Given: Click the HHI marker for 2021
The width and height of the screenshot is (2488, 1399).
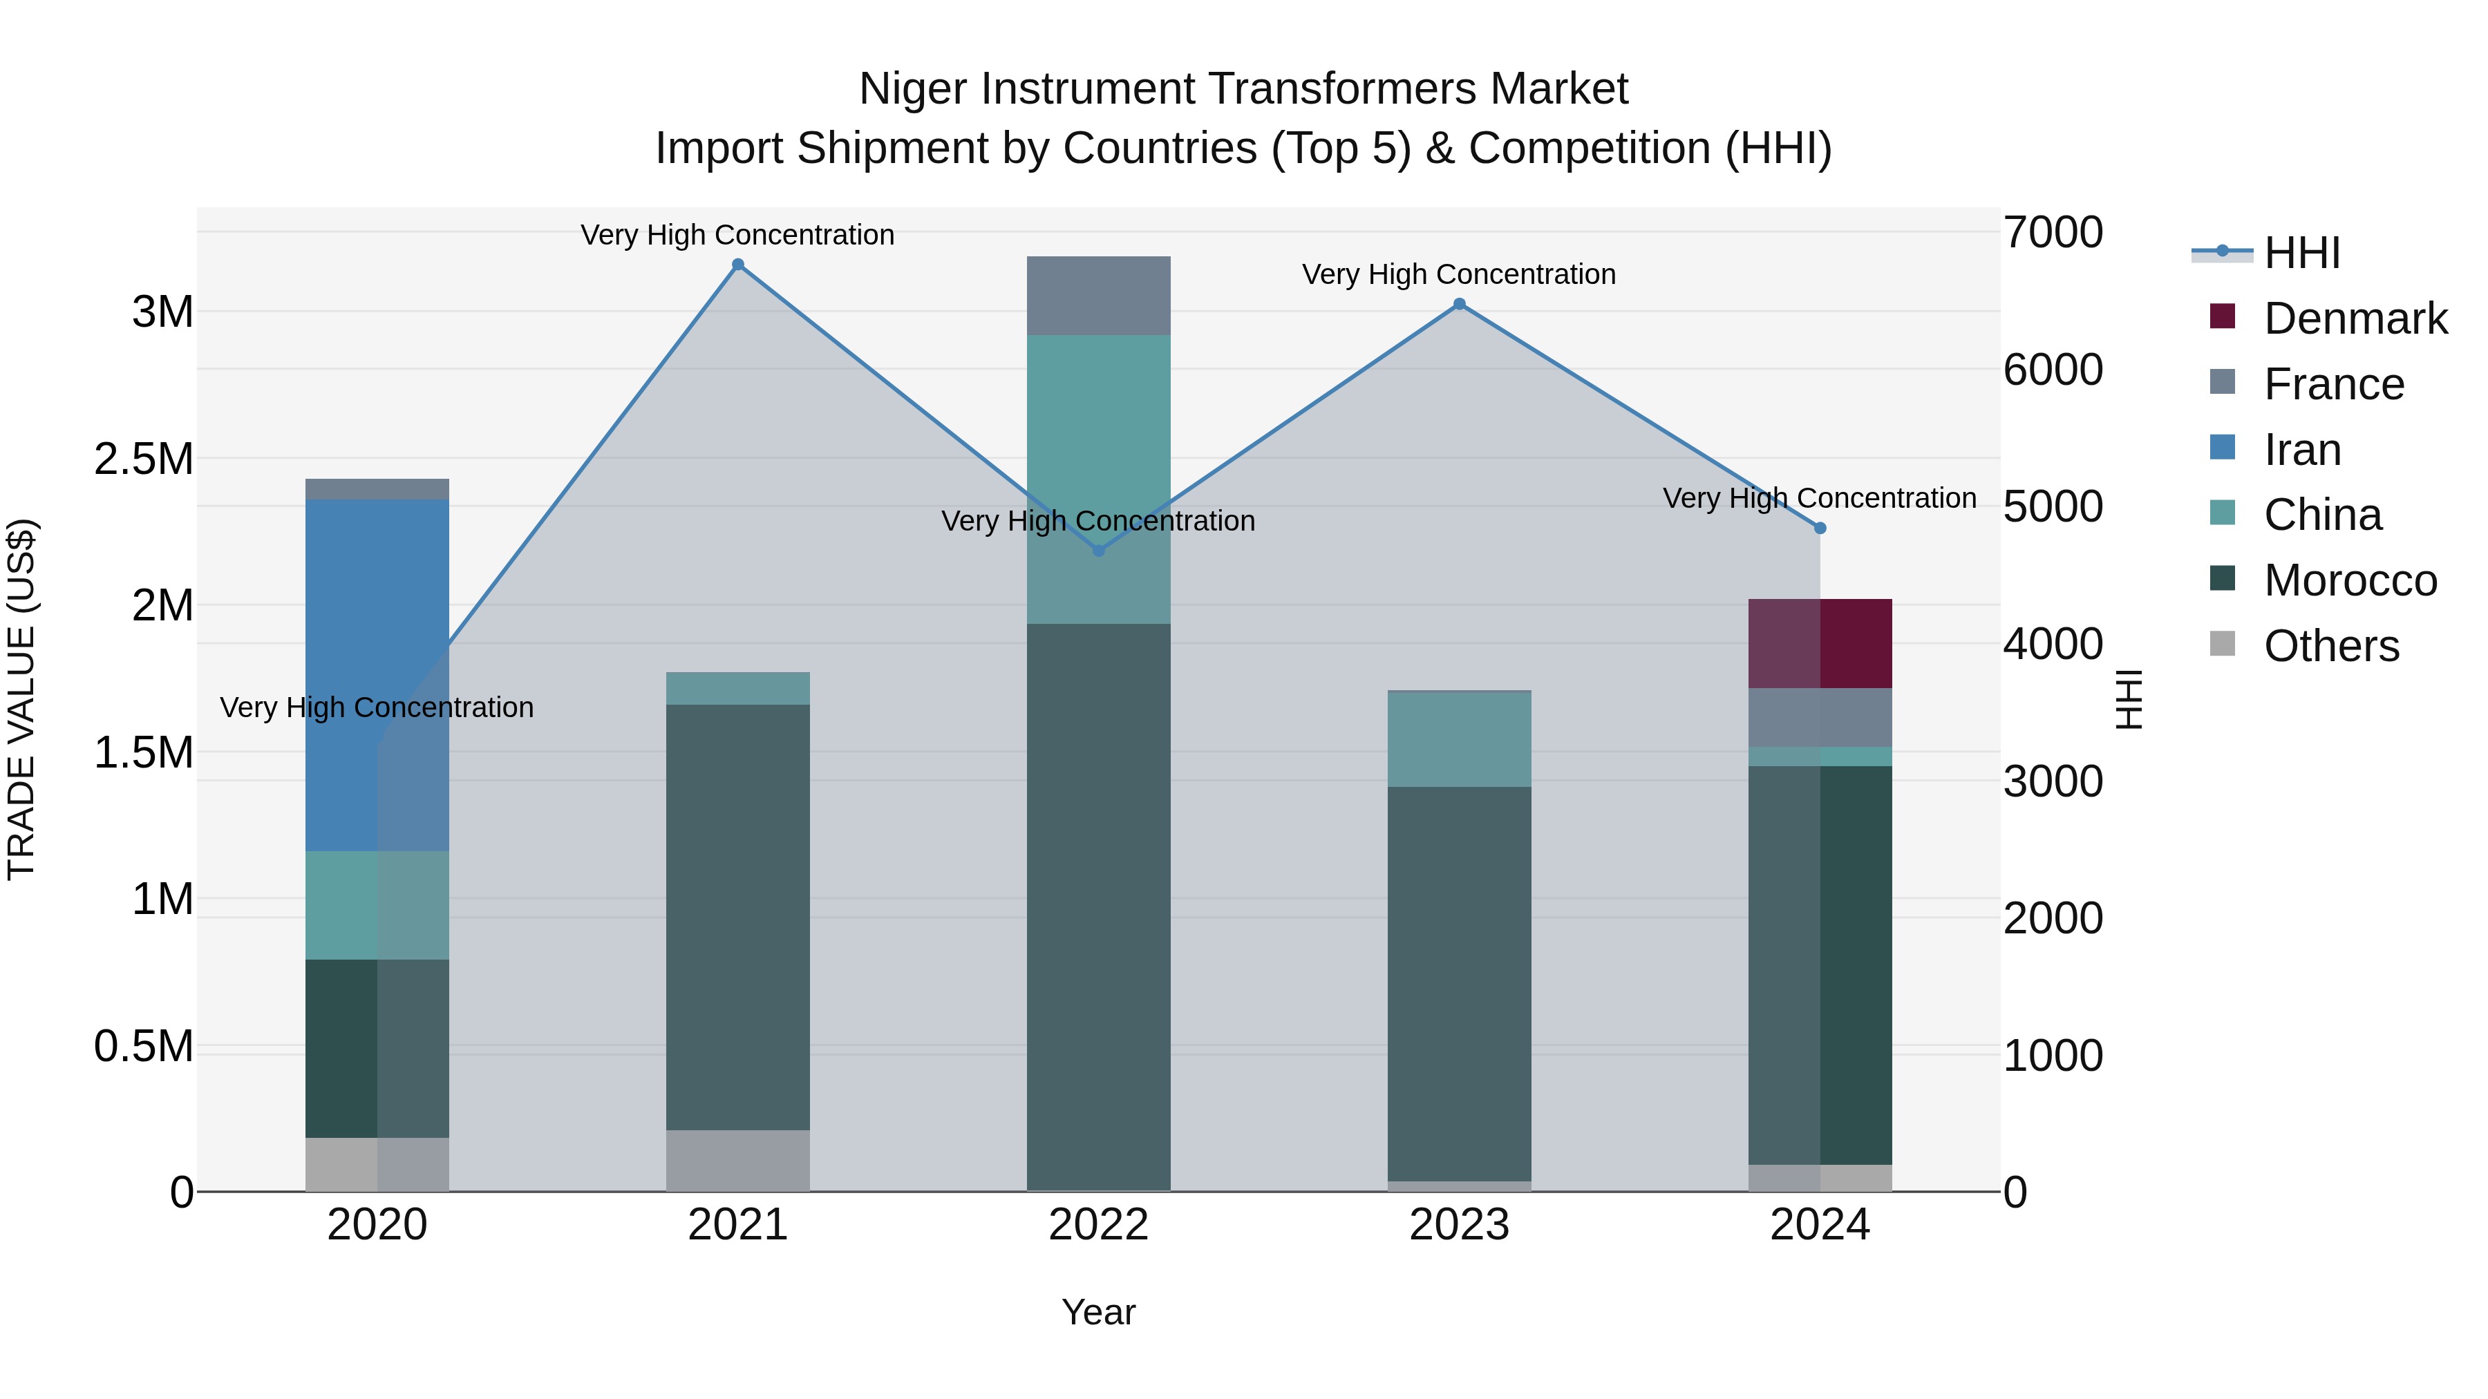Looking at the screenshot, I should (738, 265).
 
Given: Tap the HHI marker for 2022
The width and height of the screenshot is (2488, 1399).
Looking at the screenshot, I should (1098, 551).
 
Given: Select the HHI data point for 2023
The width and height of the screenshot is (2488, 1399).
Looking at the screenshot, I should (1460, 304).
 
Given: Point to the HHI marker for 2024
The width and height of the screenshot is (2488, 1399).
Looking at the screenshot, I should (1820, 528).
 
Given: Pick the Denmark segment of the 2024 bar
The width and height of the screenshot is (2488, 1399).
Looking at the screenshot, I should (1820, 643).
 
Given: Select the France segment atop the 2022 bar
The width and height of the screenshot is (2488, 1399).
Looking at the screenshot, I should (1098, 296).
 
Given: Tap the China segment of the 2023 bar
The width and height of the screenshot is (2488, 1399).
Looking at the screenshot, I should (1460, 739).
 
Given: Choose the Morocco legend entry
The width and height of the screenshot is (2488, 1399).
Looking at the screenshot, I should (2349, 580).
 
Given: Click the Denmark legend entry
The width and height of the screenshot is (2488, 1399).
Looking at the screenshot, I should (2355, 318).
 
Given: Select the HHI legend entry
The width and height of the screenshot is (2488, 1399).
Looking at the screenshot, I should (2301, 253).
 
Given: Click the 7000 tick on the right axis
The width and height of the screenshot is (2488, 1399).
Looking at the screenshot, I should (2053, 233).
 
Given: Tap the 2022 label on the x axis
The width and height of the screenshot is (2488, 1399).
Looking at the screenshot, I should (1098, 1225).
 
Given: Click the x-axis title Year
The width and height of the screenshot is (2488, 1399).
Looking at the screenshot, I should (1098, 1312).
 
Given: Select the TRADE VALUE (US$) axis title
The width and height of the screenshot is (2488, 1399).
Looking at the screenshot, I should (21, 699).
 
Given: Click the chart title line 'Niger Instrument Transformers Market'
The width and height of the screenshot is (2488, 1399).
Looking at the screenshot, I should (1243, 89).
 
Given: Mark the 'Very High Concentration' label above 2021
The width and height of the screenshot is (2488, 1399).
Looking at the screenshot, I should (738, 235).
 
